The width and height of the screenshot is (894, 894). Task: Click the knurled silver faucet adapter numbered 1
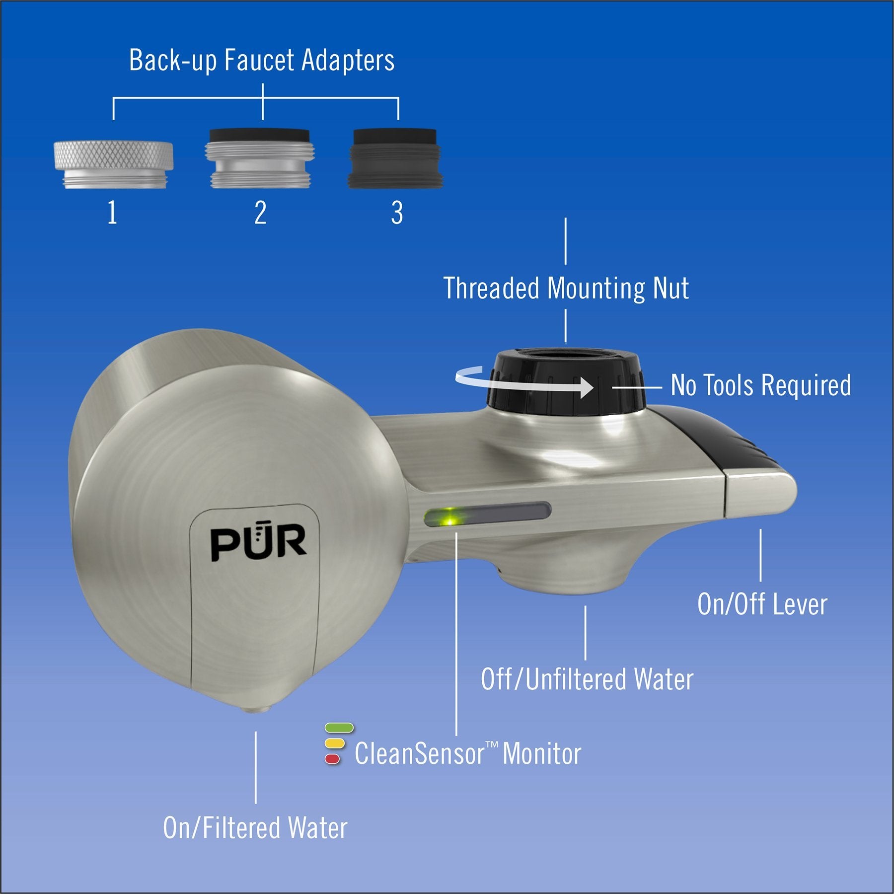(x=113, y=165)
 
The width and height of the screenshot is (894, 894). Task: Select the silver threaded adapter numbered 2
(x=260, y=158)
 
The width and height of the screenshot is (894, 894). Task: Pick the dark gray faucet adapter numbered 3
(x=396, y=158)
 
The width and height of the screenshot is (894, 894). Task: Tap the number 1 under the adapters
(x=113, y=213)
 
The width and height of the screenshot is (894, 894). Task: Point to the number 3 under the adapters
(x=397, y=213)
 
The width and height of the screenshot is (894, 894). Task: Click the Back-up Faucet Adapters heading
(x=262, y=61)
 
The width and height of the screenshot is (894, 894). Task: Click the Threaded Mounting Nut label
(x=566, y=288)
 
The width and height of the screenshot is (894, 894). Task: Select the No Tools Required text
(x=761, y=385)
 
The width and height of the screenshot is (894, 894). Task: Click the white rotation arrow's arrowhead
(x=586, y=387)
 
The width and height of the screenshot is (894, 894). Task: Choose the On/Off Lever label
(x=762, y=604)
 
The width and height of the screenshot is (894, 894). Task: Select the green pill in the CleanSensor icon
(x=339, y=728)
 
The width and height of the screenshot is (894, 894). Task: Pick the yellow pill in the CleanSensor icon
(x=334, y=744)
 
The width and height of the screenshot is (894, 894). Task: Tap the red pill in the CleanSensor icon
(x=332, y=758)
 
